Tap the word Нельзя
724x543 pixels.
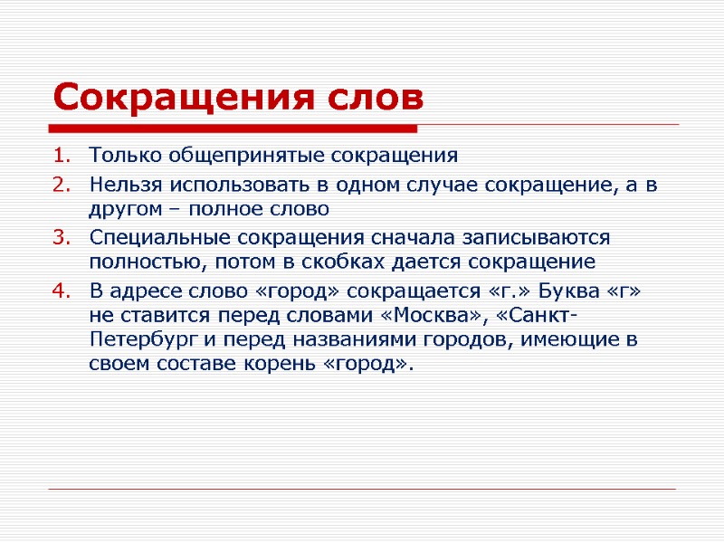[119, 186]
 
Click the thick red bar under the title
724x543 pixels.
[235, 128]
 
